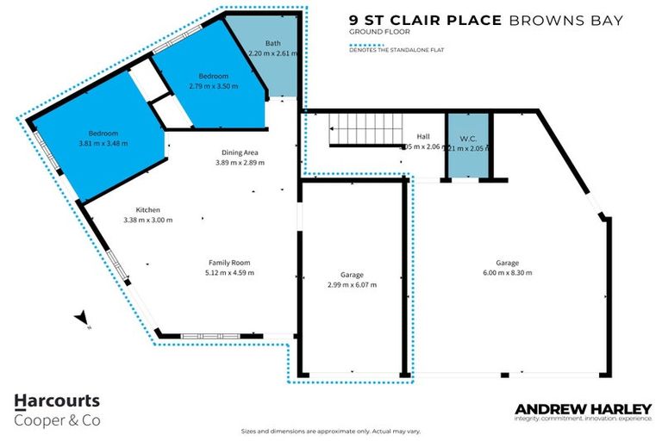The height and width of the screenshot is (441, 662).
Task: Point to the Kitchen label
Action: pos(148,209)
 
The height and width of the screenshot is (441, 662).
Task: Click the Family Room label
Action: pos(229,263)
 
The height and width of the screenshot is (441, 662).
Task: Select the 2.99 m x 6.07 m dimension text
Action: pos(351,284)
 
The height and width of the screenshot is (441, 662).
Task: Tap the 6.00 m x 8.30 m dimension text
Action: pos(508,272)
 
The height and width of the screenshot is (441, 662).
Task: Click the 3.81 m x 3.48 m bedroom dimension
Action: pos(103,143)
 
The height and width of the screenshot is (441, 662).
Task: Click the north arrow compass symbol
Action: pos(82,320)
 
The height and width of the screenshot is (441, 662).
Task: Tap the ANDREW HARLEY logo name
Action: pos(583,408)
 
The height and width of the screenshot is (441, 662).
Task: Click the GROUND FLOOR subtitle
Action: pos(372,32)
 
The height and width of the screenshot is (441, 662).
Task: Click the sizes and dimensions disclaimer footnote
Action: pos(330,431)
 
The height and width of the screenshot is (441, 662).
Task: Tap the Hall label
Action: pos(422,137)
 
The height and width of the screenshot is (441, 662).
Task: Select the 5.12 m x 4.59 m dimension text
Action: pos(229,272)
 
